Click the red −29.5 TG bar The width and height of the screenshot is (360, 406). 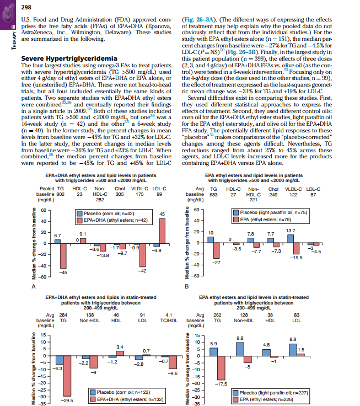coord(67,378)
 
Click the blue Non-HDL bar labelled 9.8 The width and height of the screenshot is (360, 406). coord(240,349)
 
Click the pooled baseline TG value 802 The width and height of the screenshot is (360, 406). coord(61,194)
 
